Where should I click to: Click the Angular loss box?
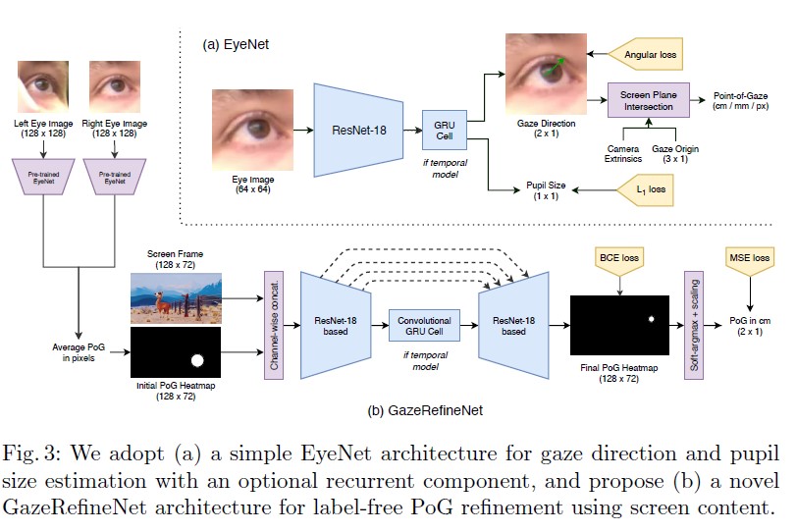pyautogui.click(x=647, y=55)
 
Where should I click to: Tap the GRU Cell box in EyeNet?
pyautogui.click(x=443, y=129)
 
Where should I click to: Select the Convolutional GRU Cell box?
pyautogui.click(x=423, y=326)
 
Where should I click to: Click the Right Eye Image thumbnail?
pyautogui.click(x=116, y=86)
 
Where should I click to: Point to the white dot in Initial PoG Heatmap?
pyautogui.click(x=197, y=360)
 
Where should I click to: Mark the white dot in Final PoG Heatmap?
pyautogui.click(x=649, y=319)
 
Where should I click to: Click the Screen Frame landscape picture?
pyautogui.click(x=176, y=297)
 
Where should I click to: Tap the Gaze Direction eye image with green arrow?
pyautogui.click(x=542, y=74)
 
